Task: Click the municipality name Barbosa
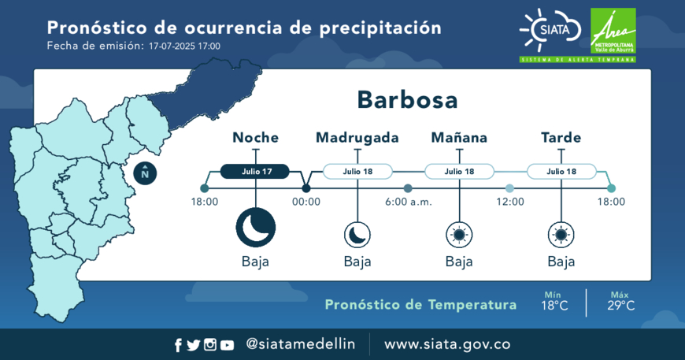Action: (407, 100)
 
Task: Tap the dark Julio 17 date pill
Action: (254, 171)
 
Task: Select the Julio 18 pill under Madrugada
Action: (357, 171)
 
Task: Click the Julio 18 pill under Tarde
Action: (561, 171)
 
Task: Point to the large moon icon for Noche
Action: (256, 228)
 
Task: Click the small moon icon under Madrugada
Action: (357, 235)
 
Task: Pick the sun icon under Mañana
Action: (459, 235)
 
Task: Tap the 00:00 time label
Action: (306, 202)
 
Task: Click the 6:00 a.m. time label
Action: (408, 202)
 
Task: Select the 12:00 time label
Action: (510, 202)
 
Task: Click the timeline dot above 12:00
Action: (510, 188)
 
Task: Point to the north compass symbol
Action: (145, 173)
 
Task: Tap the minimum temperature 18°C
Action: (554, 306)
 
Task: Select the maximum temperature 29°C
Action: (620, 306)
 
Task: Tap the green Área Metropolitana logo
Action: (613, 31)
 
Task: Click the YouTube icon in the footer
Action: (227, 346)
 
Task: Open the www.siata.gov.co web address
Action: (447, 344)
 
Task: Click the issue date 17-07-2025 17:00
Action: (184, 46)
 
